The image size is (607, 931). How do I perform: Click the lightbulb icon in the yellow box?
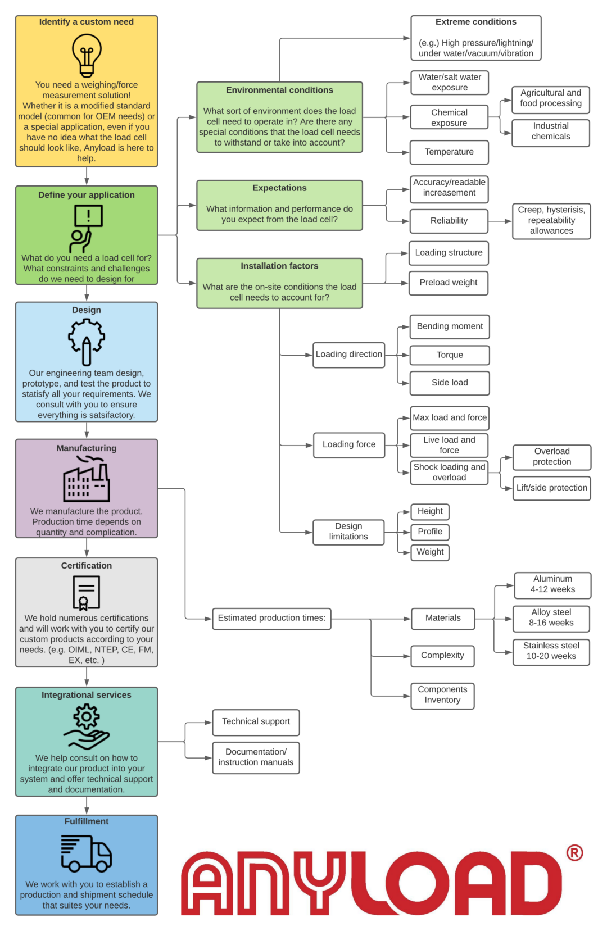click(87, 55)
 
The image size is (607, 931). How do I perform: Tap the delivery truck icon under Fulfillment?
click(87, 853)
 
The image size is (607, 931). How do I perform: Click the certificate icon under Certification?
click(86, 593)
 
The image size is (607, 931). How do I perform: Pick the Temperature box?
click(449, 152)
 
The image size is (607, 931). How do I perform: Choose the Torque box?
click(450, 355)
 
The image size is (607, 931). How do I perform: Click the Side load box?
click(450, 383)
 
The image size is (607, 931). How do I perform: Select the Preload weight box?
click(449, 283)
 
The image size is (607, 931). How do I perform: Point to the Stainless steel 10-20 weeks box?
click(551, 651)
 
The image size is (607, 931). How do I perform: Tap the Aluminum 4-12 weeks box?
click(552, 584)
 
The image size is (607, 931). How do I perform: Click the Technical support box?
click(256, 722)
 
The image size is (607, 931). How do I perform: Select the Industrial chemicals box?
click(551, 131)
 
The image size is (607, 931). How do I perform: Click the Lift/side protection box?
click(552, 488)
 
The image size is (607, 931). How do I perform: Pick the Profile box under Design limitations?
click(430, 532)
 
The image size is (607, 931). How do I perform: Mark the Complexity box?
click(442, 656)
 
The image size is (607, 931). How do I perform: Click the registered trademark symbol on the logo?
click(574, 853)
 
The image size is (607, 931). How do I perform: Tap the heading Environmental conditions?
click(279, 90)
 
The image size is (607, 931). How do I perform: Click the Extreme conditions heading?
click(475, 22)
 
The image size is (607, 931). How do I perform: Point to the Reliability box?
click(449, 221)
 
